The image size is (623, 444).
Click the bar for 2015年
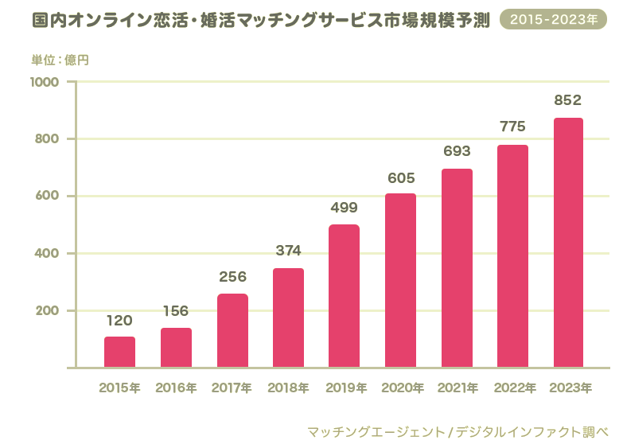(119, 352)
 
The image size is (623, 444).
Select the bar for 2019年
(344, 296)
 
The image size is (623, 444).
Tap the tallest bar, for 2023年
(568, 243)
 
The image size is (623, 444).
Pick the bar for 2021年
(457, 268)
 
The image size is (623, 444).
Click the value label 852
(568, 100)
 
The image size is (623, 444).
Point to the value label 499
(344, 208)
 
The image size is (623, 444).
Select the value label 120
(119, 320)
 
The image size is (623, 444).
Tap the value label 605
(401, 177)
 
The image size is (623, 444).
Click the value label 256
(232, 277)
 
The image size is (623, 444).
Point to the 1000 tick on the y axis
(45, 82)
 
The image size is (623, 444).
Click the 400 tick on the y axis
(48, 253)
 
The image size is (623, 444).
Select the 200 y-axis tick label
(48, 310)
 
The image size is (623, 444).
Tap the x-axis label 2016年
(176, 388)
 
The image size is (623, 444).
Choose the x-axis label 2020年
(401, 388)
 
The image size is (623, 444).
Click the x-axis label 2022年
(513, 388)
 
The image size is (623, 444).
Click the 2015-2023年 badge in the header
(553, 19)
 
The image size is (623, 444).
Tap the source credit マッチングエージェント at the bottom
(376, 431)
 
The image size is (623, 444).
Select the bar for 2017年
(232, 330)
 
